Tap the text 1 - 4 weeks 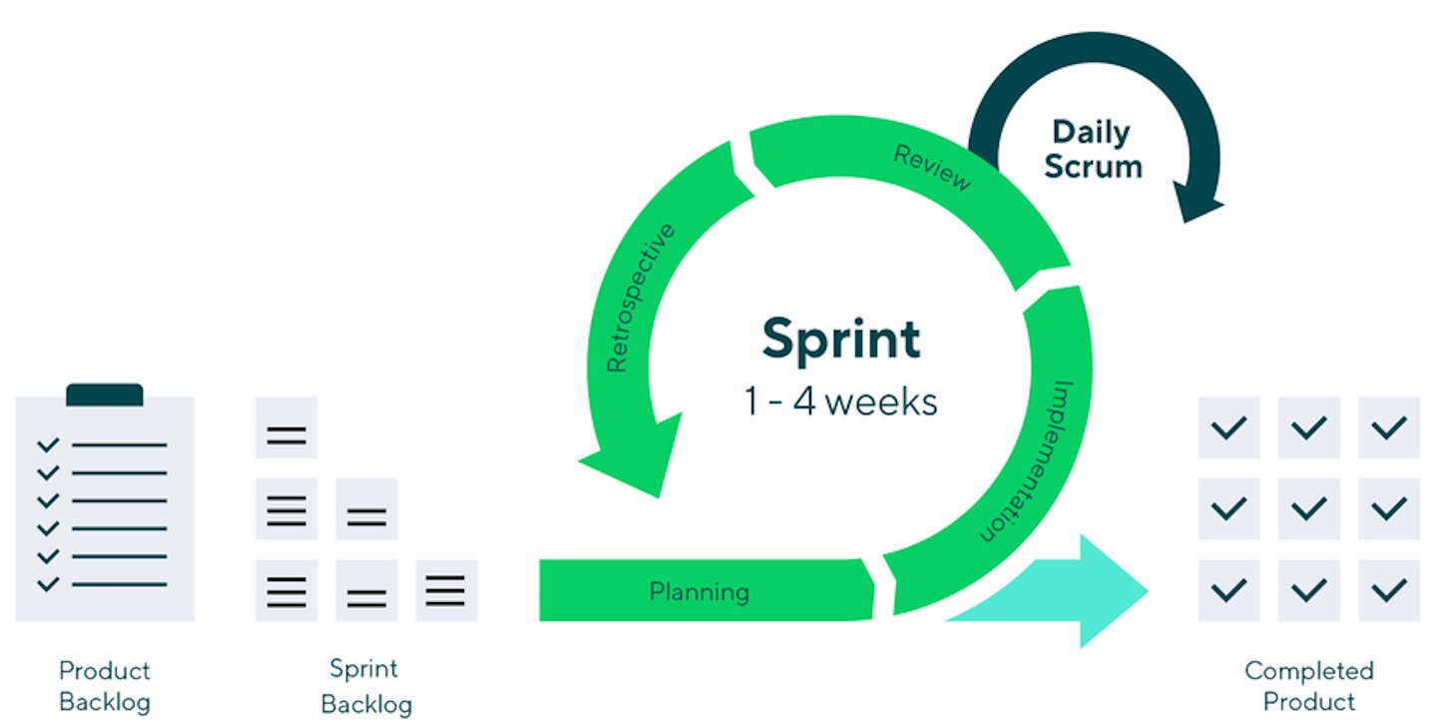pyautogui.click(x=840, y=401)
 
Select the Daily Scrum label pyautogui.click(x=1092, y=149)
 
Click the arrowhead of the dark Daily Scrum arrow pyautogui.click(x=1198, y=205)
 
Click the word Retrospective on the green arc pyautogui.click(x=641, y=298)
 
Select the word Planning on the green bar pyautogui.click(x=699, y=591)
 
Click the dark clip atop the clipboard pyautogui.click(x=105, y=394)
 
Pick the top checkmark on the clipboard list pyautogui.click(x=47, y=445)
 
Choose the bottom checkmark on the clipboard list pyautogui.click(x=47, y=584)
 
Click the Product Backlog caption pyautogui.click(x=105, y=685)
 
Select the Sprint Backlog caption pyautogui.click(x=365, y=685)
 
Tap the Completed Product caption pyautogui.click(x=1309, y=685)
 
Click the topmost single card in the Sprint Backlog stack pyautogui.click(x=286, y=427)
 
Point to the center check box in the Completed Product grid pyautogui.click(x=1308, y=508)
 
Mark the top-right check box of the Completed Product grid pyautogui.click(x=1389, y=427)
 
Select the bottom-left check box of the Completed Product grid pyautogui.click(x=1228, y=589)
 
